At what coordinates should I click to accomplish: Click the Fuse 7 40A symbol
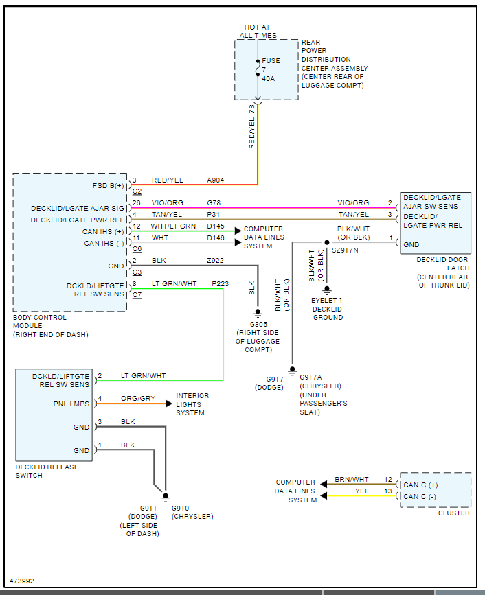[x=258, y=69]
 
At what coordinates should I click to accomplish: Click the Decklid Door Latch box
[x=436, y=223]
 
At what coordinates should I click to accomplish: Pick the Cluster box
[x=436, y=490]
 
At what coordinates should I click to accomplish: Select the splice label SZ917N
[x=346, y=251]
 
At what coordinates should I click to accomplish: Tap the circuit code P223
[x=220, y=283]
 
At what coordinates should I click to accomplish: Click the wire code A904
[x=216, y=180]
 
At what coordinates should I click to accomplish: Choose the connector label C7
[x=137, y=294]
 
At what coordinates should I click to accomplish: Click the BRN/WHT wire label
[x=351, y=480]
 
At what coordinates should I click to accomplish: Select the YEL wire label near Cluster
[x=362, y=491]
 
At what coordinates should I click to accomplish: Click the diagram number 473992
[x=22, y=581]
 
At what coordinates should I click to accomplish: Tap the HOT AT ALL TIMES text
[x=258, y=32]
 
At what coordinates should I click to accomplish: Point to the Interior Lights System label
[x=192, y=404]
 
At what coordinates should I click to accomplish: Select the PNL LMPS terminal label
[x=71, y=404]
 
